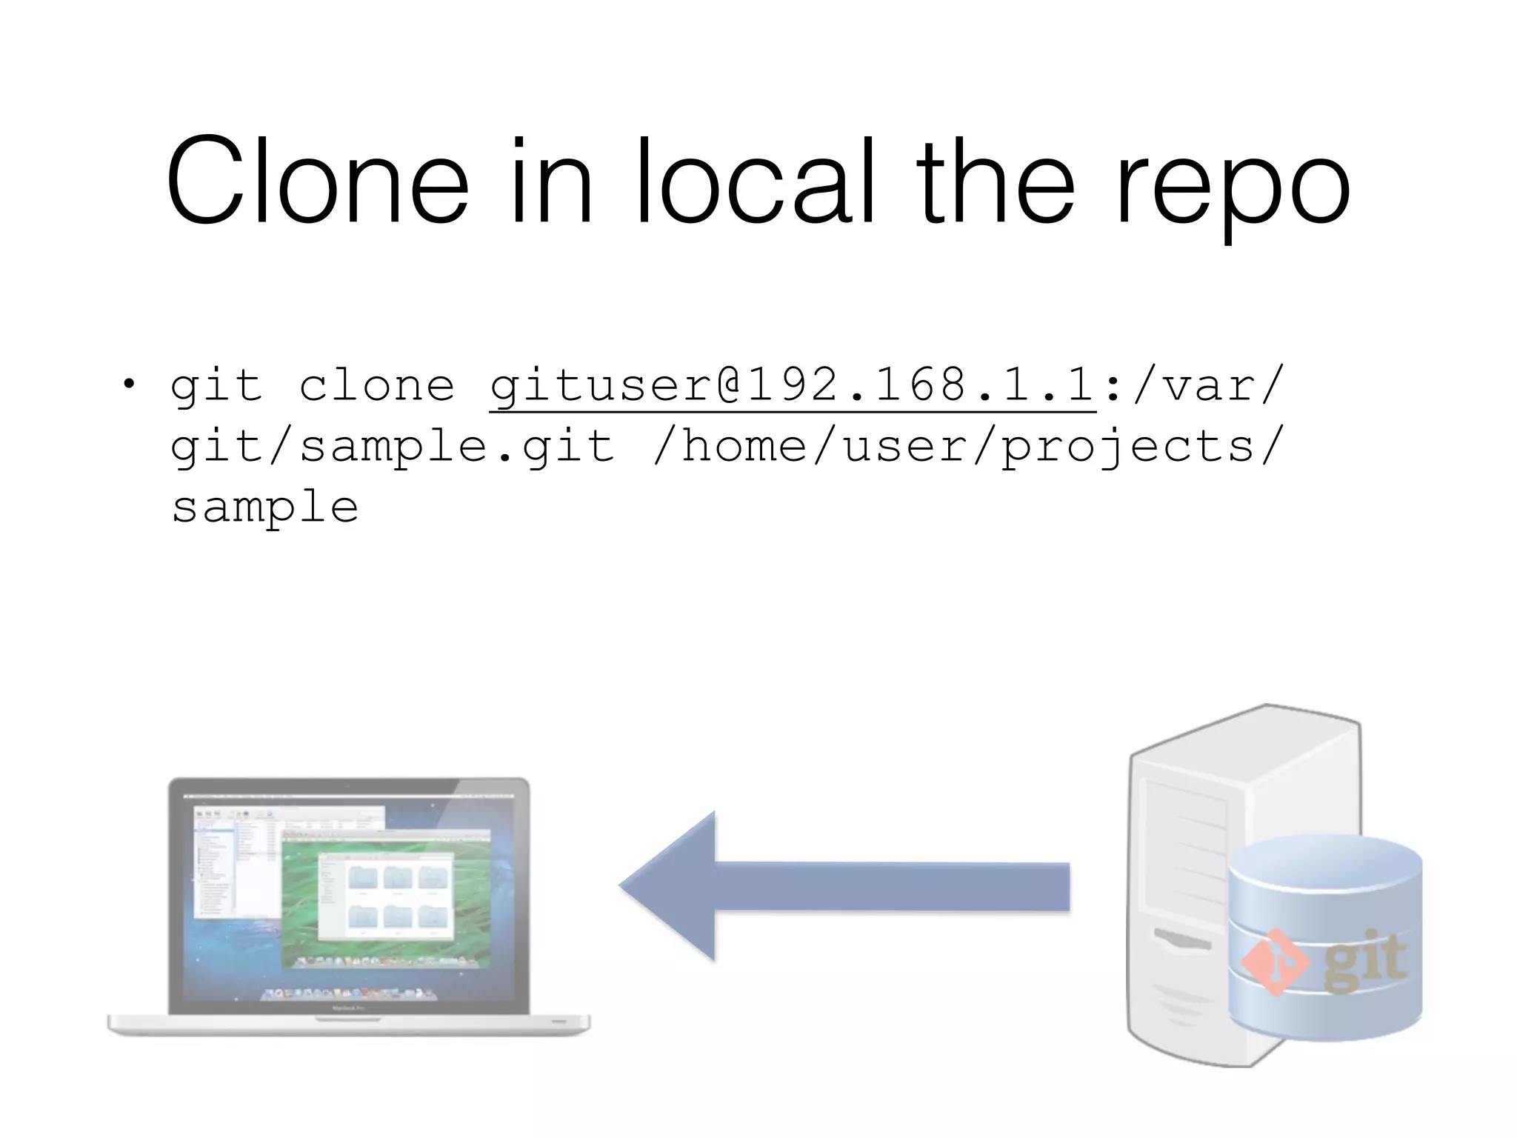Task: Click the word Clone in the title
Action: click(x=317, y=182)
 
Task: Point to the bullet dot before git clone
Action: click(x=130, y=384)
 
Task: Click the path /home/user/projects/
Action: click(x=967, y=446)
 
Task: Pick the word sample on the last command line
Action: click(x=265, y=508)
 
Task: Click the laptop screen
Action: click(x=349, y=896)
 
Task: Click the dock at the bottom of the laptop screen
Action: click(x=348, y=993)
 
